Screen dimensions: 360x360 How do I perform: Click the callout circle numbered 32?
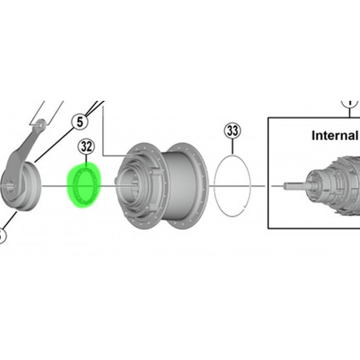click(86, 146)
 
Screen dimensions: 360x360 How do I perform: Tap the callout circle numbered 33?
click(232, 131)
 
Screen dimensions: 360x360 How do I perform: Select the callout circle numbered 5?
click(79, 122)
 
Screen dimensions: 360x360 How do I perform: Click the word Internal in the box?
click(334, 135)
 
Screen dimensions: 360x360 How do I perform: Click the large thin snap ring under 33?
click(215, 186)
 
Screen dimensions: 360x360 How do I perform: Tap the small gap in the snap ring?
click(244, 207)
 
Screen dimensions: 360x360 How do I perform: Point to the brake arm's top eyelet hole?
click(41, 124)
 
